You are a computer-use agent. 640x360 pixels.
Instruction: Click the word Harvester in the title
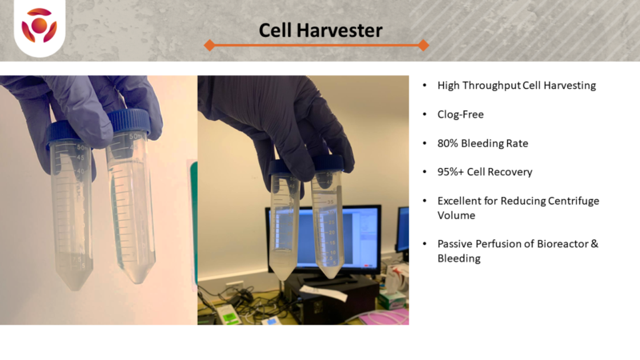[x=339, y=30]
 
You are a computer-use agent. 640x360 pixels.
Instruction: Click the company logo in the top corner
[x=39, y=26]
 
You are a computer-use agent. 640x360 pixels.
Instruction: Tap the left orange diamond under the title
[x=210, y=45]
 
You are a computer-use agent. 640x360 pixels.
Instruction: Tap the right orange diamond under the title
[x=423, y=45]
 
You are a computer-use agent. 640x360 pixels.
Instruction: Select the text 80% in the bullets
[x=447, y=143]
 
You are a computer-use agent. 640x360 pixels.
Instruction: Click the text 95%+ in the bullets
[x=450, y=172]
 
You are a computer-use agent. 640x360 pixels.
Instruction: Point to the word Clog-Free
[x=461, y=114]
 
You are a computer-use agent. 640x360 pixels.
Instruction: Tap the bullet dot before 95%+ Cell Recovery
[x=425, y=172]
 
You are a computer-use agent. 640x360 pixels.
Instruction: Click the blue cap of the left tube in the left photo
[x=65, y=134]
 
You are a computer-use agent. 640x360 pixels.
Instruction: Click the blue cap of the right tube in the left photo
[x=130, y=122]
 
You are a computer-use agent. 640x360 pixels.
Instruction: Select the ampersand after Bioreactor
[x=594, y=244]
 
